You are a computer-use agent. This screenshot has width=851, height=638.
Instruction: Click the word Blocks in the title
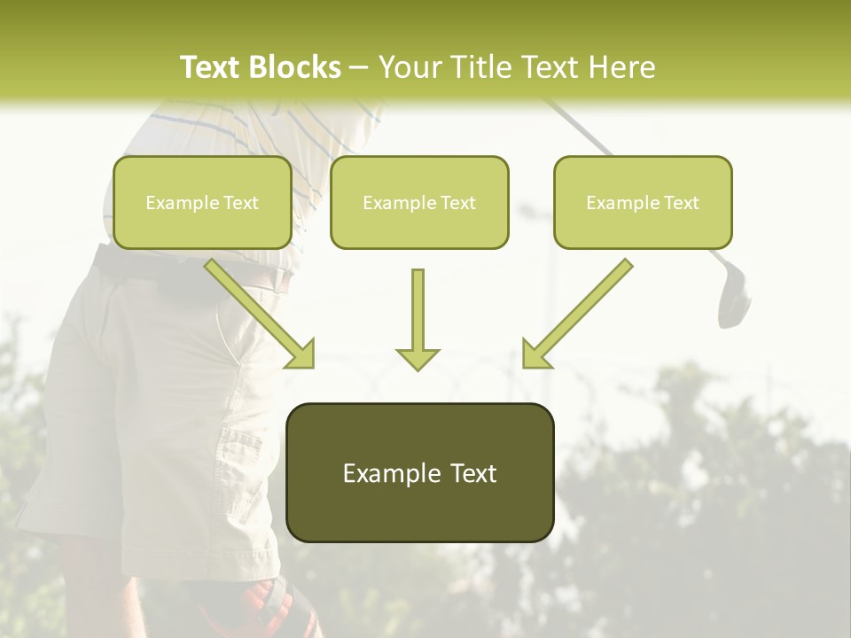(295, 67)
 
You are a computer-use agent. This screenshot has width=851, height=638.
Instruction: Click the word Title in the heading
(480, 67)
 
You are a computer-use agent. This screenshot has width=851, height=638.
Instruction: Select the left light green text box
(202, 203)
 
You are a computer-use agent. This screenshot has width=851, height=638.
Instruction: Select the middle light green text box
(419, 203)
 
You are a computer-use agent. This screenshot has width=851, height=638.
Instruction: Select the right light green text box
(643, 203)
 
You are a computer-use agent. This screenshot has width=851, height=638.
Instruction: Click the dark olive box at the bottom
(419, 472)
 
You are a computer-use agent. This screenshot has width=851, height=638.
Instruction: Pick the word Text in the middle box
(458, 203)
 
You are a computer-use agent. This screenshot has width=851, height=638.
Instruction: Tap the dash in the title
(359, 67)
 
